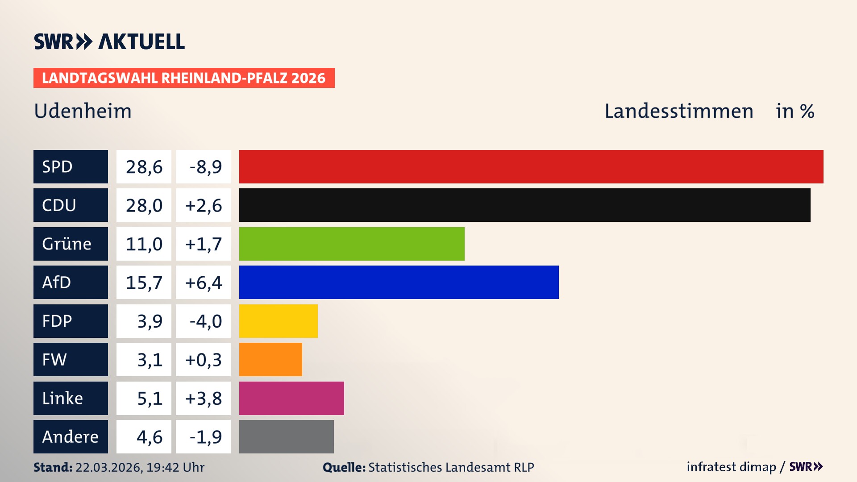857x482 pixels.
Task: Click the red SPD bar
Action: point(531,166)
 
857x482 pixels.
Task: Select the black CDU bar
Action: point(524,205)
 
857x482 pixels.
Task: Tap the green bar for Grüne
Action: point(352,244)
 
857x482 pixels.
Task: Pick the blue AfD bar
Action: point(399,282)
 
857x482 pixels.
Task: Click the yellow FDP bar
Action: point(278,321)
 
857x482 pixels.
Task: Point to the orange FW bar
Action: point(270,359)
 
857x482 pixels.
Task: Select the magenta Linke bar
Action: point(291,398)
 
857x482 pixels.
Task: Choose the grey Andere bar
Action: point(286,436)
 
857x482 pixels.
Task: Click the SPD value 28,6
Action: point(144,167)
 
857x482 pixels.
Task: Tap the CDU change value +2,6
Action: point(203,205)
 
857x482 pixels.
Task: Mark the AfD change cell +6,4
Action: point(203,283)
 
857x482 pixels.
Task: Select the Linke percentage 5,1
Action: point(150,398)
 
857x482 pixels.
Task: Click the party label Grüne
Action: point(67,244)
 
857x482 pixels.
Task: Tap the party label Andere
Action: point(70,436)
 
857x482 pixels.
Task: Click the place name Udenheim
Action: point(83,111)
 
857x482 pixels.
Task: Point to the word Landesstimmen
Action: point(678,111)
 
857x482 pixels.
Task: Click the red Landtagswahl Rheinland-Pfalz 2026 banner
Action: point(184,78)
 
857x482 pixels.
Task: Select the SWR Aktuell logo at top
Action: point(109,42)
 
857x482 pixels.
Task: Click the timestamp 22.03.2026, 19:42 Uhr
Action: point(140,467)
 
